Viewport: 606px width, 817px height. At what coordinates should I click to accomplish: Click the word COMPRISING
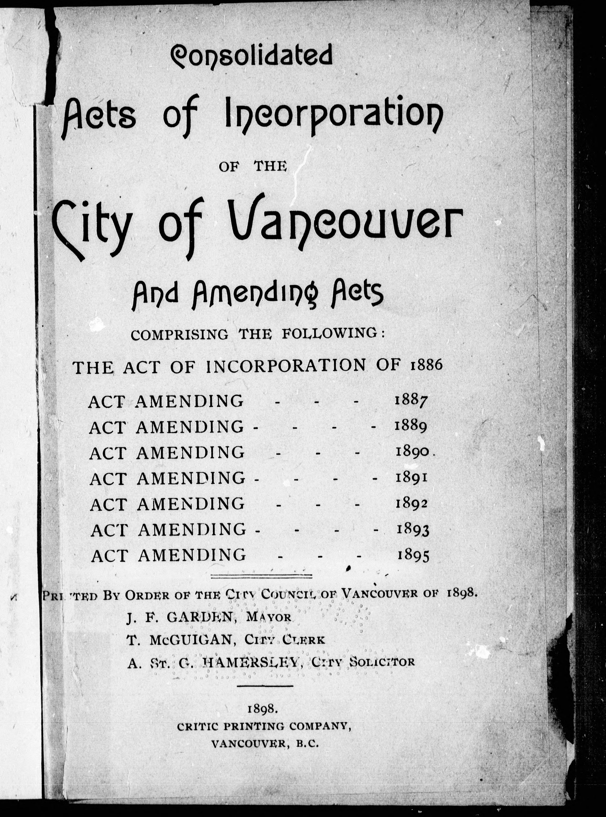pos(179,335)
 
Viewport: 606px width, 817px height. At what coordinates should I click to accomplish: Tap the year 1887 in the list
pos(411,401)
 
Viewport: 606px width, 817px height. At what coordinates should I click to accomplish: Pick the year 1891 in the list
pos(412,478)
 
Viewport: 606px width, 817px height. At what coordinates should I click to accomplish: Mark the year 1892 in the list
pos(412,503)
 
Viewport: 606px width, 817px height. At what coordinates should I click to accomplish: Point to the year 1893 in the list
pos(413,529)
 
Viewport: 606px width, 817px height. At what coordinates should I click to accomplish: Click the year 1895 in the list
pos(413,555)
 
